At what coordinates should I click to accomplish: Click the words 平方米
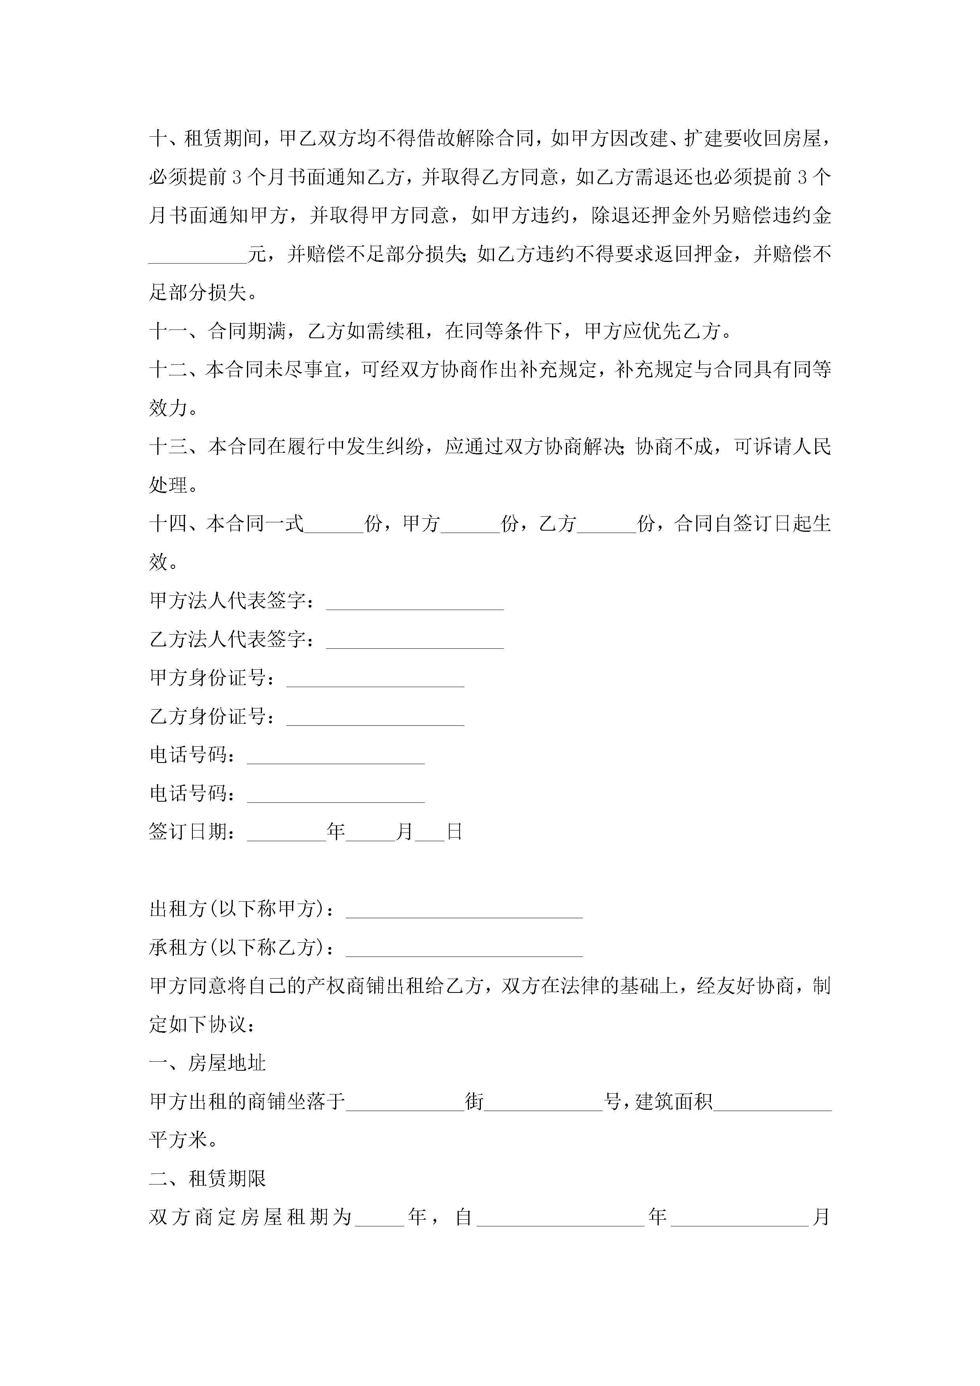tap(179, 1140)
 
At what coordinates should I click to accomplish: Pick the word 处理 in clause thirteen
tap(169, 485)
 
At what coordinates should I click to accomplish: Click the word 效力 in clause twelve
tap(169, 409)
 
